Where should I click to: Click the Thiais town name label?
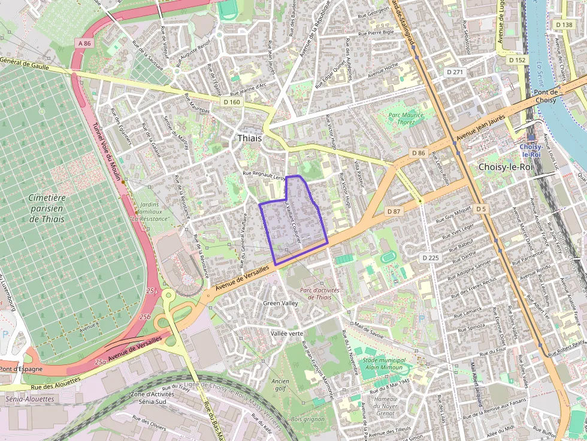click(250, 138)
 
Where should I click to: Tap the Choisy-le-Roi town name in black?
click(505, 167)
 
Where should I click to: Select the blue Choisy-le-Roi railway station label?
click(531, 150)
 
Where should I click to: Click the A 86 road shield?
click(84, 43)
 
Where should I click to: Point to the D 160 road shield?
click(232, 102)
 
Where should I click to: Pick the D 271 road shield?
click(455, 72)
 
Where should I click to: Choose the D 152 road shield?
click(517, 60)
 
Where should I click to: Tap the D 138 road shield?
click(564, 25)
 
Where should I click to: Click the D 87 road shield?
click(394, 211)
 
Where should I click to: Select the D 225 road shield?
click(430, 257)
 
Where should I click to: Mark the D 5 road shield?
click(481, 209)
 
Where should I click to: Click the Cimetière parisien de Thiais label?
click(47, 208)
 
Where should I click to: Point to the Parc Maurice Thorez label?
click(406, 118)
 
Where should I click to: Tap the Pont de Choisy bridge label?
click(546, 96)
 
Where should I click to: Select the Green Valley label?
click(280, 303)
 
